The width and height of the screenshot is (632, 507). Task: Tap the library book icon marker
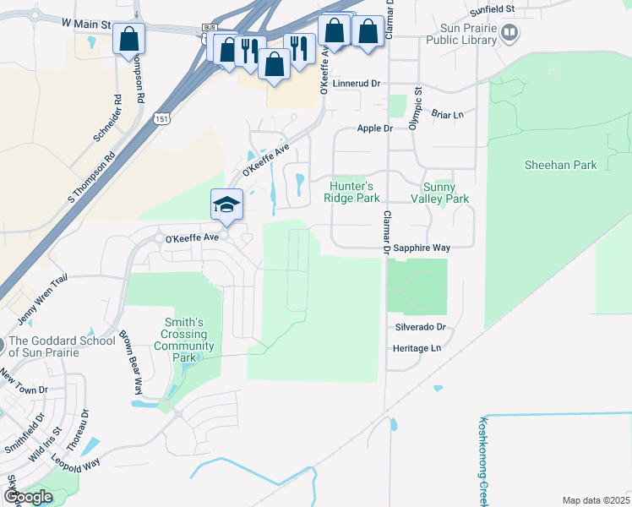pyautogui.click(x=509, y=33)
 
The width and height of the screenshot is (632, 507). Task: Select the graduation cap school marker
pyautogui.click(x=226, y=204)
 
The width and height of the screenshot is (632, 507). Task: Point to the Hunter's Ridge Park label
pyautogui.click(x=351, y=192)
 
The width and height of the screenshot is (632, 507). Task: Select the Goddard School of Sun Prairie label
pyautogui.click(x=62, y=346)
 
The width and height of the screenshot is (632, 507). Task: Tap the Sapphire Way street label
pyautogui.click(x=422, y=248)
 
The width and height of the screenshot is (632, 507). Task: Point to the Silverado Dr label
pyautogui.click(x=420, y=326)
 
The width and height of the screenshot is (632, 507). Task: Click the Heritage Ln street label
pyautogui.click(x=417, y=348)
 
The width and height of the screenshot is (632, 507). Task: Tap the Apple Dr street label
pyautogui.click(x=375, y=128)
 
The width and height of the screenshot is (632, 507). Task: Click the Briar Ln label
pyautogui.click(x=448, y=115)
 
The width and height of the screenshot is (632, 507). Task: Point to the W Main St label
pyautogui.click(x=86, y=25)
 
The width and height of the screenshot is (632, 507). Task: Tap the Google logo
pyautogui.click(x=28, y=498)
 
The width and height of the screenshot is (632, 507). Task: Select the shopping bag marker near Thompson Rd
pyautogui.click(x=128, y=38)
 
